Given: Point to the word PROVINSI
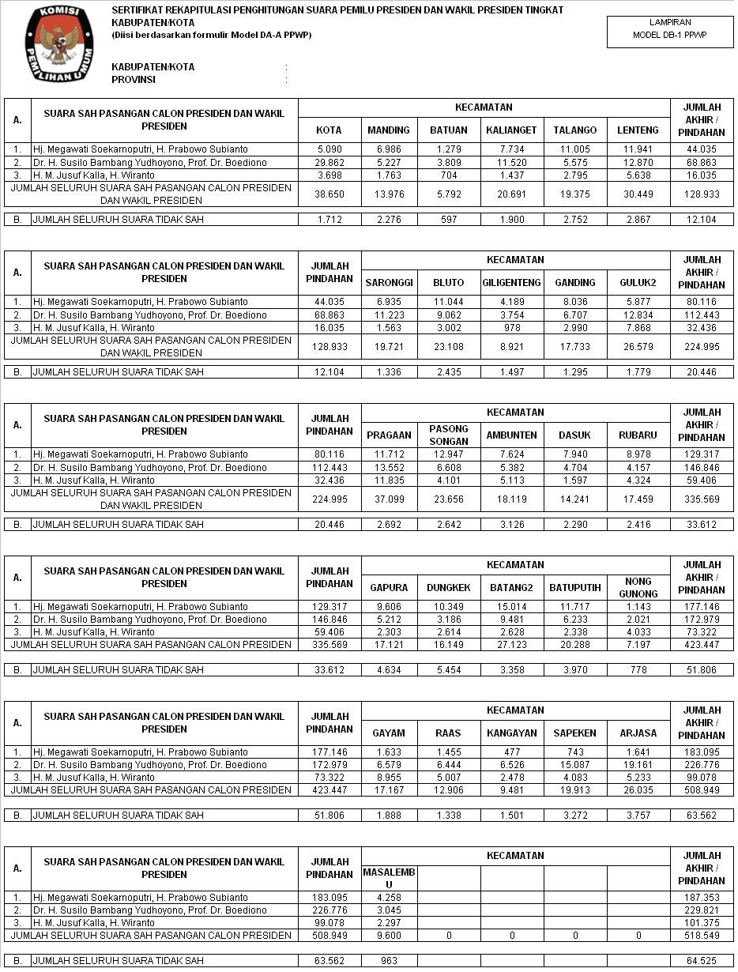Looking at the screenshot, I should (x=134, y=80).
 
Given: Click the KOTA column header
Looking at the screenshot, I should (x=329, y=130).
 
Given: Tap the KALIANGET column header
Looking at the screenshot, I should (x=512, y=130).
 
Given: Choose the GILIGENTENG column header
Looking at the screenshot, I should (x=512, y=283).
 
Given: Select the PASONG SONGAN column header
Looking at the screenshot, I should (x=449, y=435).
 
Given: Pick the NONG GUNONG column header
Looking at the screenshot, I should (x=638, y=587).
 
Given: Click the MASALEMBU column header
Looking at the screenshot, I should (x=390, y=877).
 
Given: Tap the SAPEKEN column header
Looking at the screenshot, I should (x=575, y=733).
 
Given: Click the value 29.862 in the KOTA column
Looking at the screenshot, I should (x=329, y=163).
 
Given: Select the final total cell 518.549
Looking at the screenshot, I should (x=702, y=936).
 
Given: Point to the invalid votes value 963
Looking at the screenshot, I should (x=390, y=961).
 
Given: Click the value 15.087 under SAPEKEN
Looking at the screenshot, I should (x=575, y=765).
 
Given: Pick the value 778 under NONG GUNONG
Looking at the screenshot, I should (x=638, y=670).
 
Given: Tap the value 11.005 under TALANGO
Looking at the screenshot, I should (x=575, y=149).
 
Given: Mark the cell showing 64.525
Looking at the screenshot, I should (x=702, y=961).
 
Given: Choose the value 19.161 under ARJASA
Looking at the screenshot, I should (x=638, y=765).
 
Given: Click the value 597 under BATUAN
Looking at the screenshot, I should (x=449, y=220).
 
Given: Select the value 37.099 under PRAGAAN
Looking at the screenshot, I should (x=390, y=499).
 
